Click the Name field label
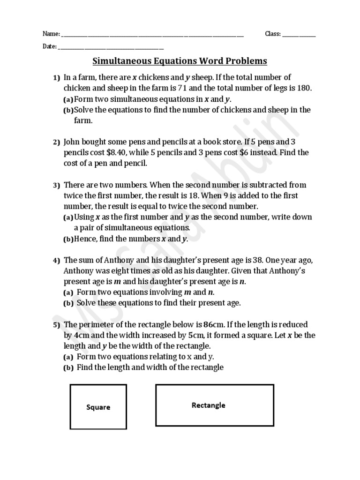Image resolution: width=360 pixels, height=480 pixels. click(51, 34)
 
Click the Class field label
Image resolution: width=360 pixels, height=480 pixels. click(272, 34)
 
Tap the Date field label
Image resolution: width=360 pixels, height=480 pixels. click(49, 46)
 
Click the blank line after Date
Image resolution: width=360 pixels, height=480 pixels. click(111, 47)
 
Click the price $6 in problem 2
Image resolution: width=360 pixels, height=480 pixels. click(253, 152)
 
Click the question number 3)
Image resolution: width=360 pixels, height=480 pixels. click(56, 185)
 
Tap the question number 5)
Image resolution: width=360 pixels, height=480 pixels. click(56, 325)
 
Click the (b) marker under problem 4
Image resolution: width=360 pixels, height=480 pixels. click(68, 303)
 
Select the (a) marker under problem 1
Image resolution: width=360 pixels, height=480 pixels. click(68, 99)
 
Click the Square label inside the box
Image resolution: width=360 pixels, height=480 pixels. click(98, 407)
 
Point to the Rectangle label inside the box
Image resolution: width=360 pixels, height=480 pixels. click(209, 405)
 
